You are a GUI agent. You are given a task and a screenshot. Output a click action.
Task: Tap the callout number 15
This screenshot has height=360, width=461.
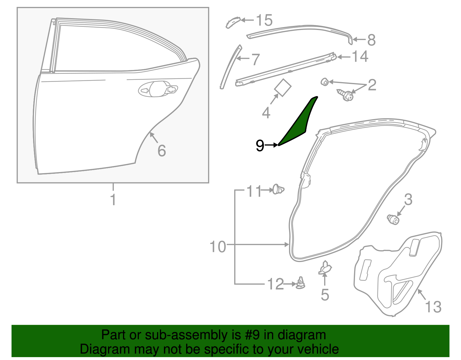pos(264,20)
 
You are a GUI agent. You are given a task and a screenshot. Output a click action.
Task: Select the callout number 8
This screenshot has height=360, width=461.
pos(371,40)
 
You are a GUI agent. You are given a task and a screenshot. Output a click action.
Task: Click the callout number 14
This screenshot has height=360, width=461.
pos(360,56)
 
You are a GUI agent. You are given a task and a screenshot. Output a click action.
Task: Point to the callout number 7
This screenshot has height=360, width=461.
pos(255,59)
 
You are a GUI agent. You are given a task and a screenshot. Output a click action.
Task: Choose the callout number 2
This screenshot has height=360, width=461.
pos(372,85)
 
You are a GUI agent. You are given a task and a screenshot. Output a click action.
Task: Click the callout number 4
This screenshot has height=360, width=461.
pos(266,113)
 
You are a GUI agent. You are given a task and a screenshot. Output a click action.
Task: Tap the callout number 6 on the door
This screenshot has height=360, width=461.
pos(162,150)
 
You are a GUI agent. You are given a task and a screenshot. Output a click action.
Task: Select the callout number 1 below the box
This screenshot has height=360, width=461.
pos(113,199)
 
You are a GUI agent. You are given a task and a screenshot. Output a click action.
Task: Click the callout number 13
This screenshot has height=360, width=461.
pos(433,307)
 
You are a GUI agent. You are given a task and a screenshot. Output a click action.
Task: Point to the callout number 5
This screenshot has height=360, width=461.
pos(325,295)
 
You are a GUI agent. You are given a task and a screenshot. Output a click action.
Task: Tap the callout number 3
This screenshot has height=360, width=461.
pos(408,199)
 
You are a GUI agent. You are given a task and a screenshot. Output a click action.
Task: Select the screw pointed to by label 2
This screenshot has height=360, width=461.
pos(346,95)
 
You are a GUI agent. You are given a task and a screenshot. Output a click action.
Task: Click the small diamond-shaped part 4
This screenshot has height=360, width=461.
pos(283,87)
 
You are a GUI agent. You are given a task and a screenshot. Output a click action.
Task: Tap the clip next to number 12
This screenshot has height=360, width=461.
pos(301,283)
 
